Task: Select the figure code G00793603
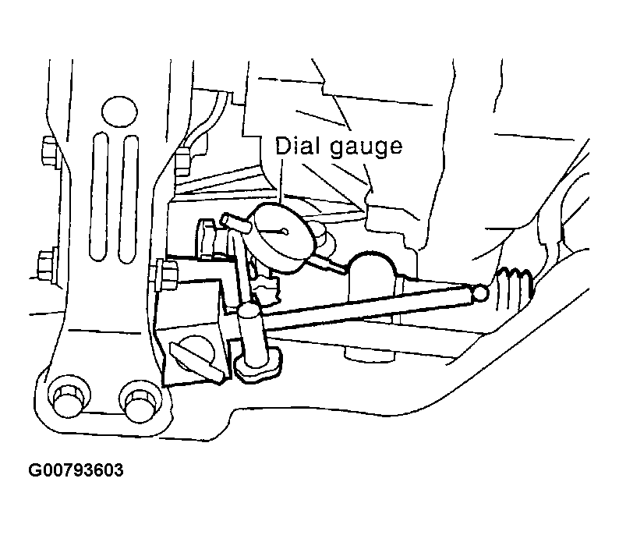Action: (x=76, y=469)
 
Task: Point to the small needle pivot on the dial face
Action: (x=285, y=232)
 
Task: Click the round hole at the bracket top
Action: (x=119, y=111)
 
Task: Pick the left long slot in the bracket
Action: (x=99, y=197)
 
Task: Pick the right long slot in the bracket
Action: (x=129, y=199)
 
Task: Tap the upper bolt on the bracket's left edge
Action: (x=50, y=151)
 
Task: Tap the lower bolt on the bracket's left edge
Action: (x=48, y=264)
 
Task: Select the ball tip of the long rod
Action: (x=480, y=292)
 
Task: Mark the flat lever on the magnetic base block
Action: (x=196, y=361)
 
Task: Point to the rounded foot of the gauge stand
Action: (x=258, y=363)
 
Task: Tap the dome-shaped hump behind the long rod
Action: (x=373, y=275)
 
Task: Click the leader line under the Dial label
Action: (x=281, y=181)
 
